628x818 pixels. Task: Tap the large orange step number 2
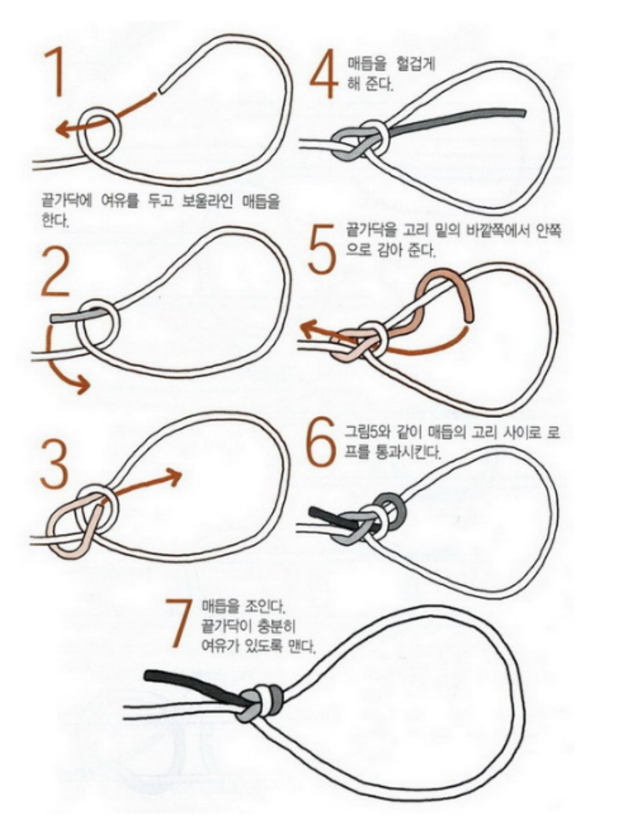click(55, 271)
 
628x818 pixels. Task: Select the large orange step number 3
click(54, 463)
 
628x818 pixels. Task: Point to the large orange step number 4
click(324, 74)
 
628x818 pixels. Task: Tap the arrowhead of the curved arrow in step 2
click(82, 385)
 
